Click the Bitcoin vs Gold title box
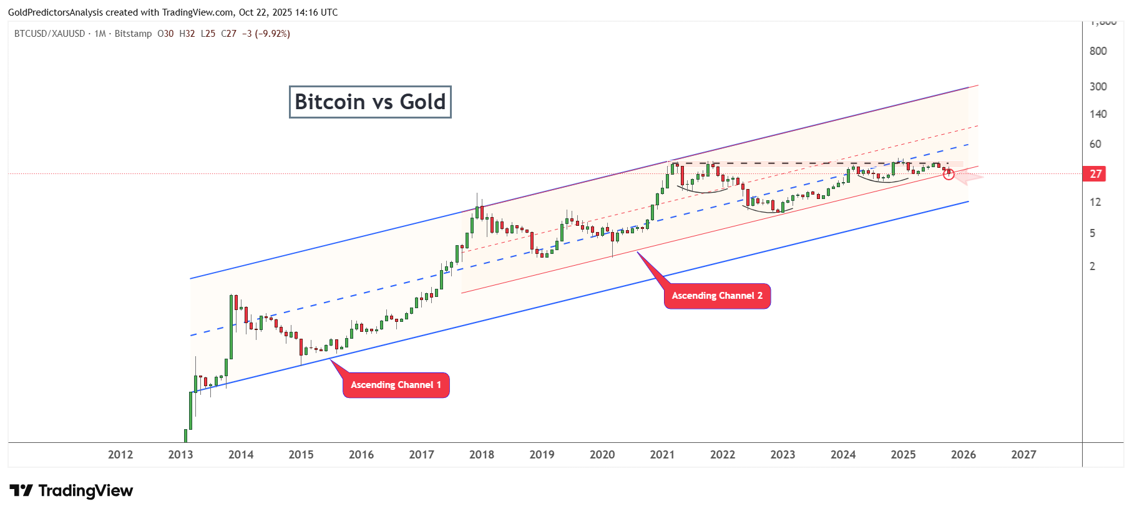370,102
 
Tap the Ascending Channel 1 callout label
396,385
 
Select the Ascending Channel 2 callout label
717,296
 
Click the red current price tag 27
1095,174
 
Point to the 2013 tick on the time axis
180,455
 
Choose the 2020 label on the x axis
602,455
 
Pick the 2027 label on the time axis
1023,455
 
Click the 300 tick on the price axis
1098,87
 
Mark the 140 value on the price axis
1098,114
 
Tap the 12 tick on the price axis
1095,202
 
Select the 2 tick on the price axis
1092,266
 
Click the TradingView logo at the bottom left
71,491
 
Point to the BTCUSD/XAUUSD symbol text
49,34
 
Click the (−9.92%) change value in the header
272,34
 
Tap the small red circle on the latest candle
949,175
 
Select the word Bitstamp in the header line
133,34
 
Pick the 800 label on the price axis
1098,51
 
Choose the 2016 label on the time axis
361,455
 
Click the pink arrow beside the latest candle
969,179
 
